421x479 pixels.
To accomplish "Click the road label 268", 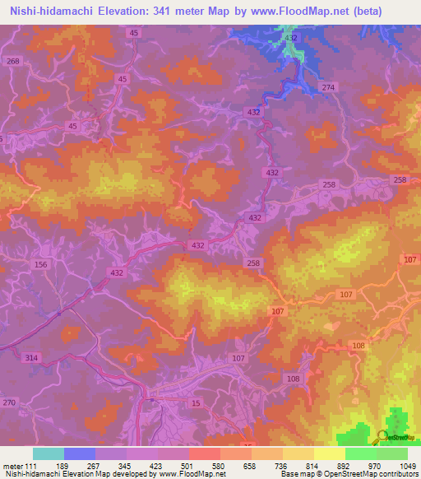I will pos(12,62).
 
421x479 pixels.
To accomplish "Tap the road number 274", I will pos(329,87).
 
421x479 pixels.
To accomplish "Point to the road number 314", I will pos(32,358).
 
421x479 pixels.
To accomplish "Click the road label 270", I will pos(9,402).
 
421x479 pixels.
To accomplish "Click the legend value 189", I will pos(62,465).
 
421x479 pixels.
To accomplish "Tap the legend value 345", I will pos(126,465).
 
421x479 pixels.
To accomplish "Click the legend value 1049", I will pos(407,465).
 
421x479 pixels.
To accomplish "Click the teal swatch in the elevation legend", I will pos(48,453).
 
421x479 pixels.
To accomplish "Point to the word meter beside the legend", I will pos(13,465).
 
